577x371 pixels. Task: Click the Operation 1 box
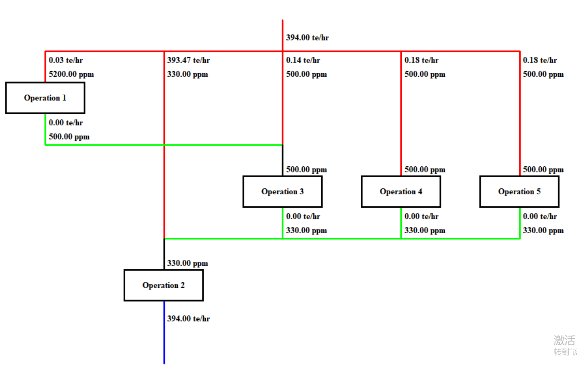pyautogui.click(x=45, y=98)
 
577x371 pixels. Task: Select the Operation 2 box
pyautogui.click(x=164, y=285)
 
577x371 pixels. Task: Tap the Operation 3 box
pyautogui.click(x=282, y=192)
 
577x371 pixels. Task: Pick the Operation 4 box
pyautogui.click(x=401, y=192)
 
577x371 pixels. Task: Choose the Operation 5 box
pyautogui.click(x=519, y=192)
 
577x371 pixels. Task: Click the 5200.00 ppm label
pyautogui.click(x=71, y=75)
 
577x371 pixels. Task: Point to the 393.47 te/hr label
pyautogui.click(x=189, y=60)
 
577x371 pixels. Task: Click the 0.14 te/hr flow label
pyautogui.click(x=303, y=60)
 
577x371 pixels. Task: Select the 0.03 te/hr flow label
pyautogui.click(x=66, y=60)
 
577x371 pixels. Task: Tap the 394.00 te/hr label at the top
pyautogui.click(x=307, y=37)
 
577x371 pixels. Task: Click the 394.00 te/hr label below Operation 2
pyautogui.click(x=189, y=319)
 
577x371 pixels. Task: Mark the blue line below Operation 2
pyautogui.click(x=164, y=340)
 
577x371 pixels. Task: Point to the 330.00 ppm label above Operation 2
pyautogui.click(x=188, y=263)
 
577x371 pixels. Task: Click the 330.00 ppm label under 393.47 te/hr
pyautogui.click(x=188, y=75)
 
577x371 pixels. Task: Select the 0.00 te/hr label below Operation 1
pyautogui.click(x=66, y=123)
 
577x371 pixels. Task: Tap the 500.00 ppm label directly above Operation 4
pyautogui.click(x=425, y=170)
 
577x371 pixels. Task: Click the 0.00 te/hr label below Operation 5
pyautogui.click(x=540, y=216)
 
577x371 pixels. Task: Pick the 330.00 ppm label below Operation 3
pyautogui.click(x=307, y=231)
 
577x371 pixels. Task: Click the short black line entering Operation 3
pyautogui.click(x=282, y=160)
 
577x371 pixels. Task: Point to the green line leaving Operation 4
pyautogui.click(x=401, y=222)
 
